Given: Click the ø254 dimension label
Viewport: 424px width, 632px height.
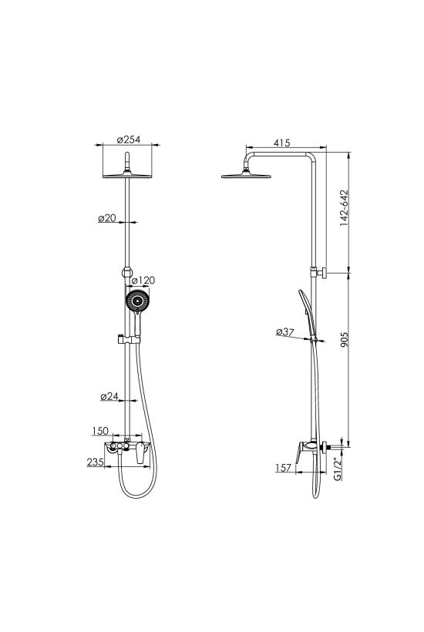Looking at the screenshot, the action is tap(129, 140).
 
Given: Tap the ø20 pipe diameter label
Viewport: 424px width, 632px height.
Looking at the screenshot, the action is tap(107, 218).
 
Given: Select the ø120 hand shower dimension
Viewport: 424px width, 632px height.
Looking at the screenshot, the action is tap(143, 280).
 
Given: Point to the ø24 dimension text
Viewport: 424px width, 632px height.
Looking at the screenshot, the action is tap(109, 397).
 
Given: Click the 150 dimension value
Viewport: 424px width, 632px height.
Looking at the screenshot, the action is tap(100, 431).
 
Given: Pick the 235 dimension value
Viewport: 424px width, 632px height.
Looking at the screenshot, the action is tap(96, 462).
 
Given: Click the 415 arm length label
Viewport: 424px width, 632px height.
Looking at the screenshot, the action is tap(281, 143).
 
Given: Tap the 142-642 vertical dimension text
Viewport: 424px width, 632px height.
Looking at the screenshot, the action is tap(344, 207).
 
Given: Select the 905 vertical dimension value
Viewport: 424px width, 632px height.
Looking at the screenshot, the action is tap(344, 339).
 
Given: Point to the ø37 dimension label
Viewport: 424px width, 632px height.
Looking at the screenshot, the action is tap(285, 331).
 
